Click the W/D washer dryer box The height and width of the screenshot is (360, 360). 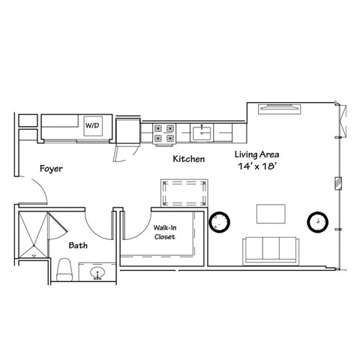point(94,125)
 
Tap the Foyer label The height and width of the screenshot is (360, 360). point(52,169)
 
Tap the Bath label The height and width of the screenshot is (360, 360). point(79,245)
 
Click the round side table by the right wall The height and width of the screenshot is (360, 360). point(318,222)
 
